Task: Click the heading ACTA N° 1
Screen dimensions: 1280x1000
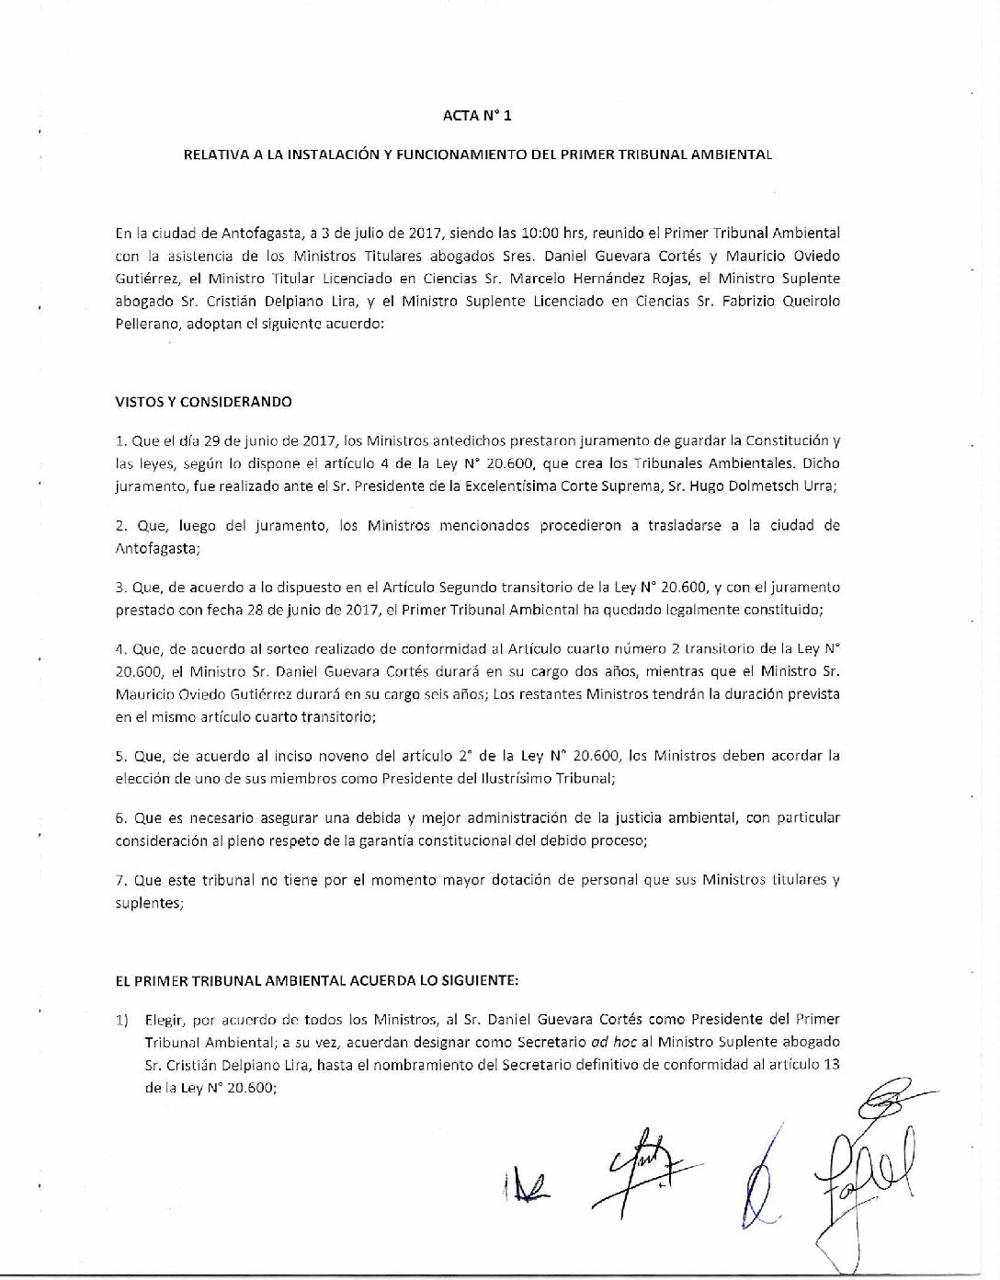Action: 477,116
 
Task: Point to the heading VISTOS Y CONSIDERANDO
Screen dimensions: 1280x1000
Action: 203,402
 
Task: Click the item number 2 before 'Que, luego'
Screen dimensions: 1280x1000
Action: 120,526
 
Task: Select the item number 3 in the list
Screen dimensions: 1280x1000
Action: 120,587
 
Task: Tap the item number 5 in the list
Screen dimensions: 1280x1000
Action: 120,757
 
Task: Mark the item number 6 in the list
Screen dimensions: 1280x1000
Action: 120,817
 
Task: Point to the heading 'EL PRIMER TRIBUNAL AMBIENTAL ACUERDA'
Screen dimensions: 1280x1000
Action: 317,981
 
